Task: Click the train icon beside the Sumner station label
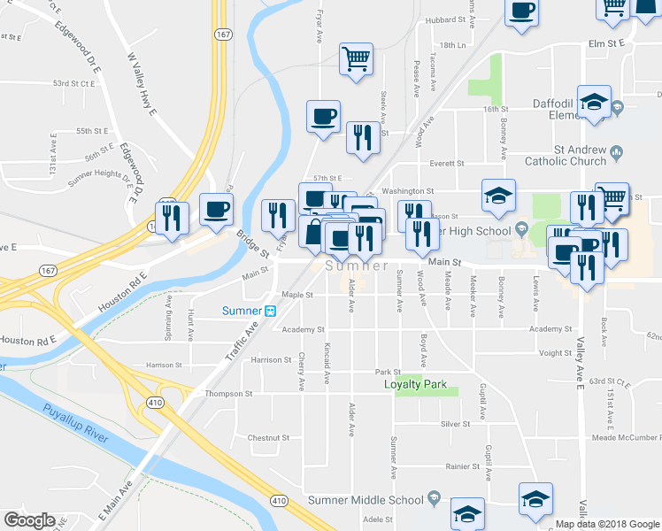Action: (272, 311)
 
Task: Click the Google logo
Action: (30, 520)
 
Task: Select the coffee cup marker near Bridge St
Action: (217, 210)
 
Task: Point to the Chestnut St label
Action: (268, 437)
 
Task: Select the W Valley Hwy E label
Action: (142, 81)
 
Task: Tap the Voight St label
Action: (555, 352)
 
